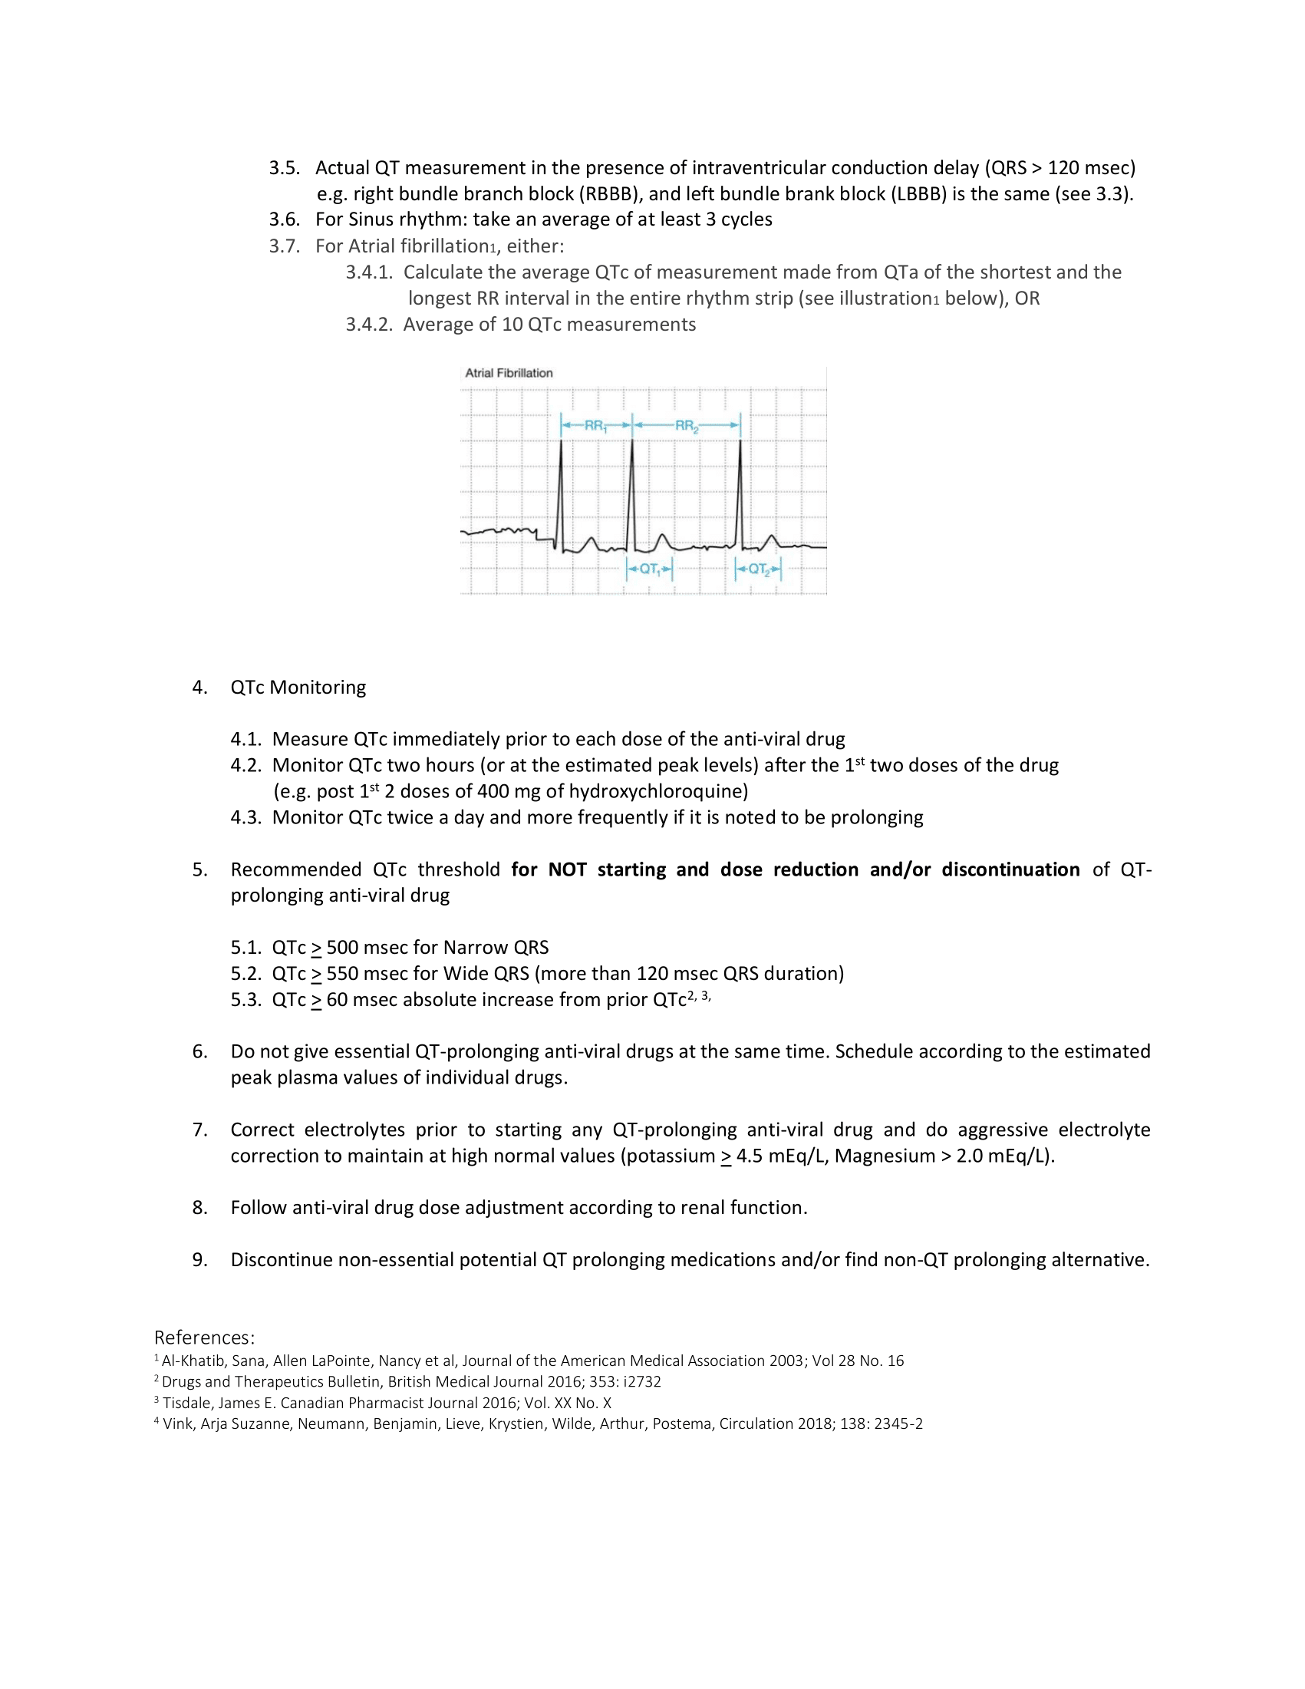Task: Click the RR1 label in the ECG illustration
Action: (x=595, y=425)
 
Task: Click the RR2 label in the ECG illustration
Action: (x=686, y=425)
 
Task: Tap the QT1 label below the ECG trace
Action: (x=649, y=570)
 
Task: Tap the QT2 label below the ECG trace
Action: (x=759, y=570)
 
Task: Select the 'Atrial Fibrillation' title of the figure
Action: (x=509, y=373)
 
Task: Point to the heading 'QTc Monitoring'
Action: (x=298, y=688)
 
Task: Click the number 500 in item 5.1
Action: (x=342, y=948)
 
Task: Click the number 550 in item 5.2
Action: (x=342, y=974)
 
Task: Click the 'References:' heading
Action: (x=204, y=1338)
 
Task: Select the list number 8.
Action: (x=199, y=1208)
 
